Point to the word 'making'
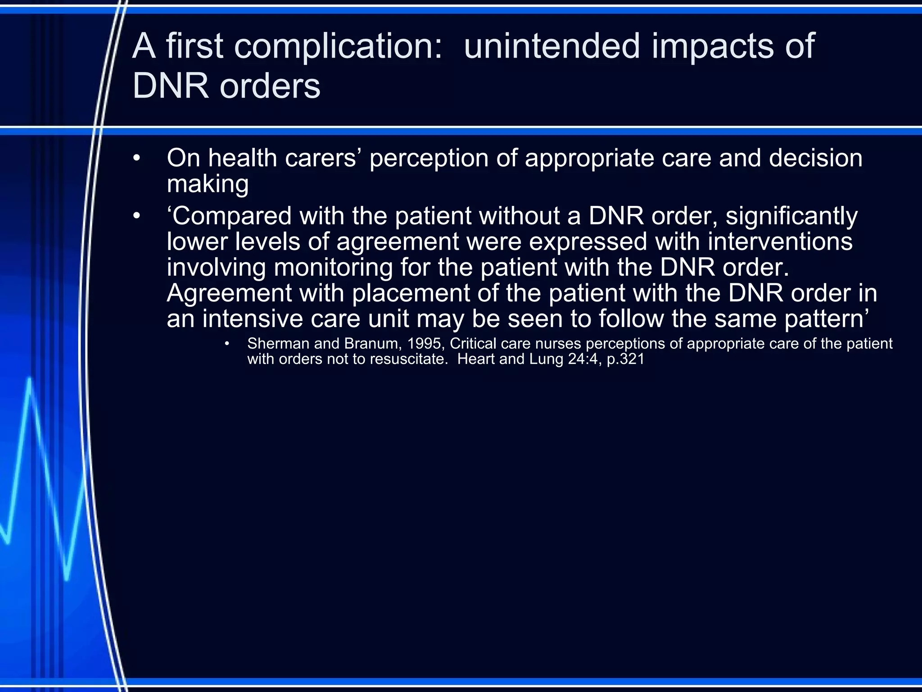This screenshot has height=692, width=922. [x=208, y=184]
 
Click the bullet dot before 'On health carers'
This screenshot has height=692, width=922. [x=137, y=159]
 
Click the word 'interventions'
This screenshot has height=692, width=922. [x=780, y=242]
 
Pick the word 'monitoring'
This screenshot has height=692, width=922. [x=333, y=268]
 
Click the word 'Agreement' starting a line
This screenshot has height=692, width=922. [x=229, y=293]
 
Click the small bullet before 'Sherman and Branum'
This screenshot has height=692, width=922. [x=227, y=344]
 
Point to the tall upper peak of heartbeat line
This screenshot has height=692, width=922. [x=30, y=381]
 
